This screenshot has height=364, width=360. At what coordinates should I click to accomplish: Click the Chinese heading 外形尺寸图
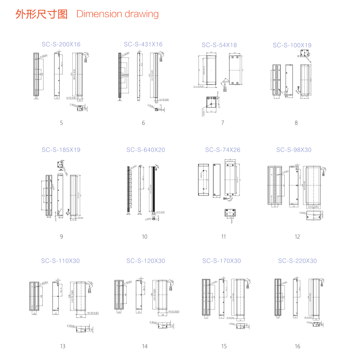click(41, 14)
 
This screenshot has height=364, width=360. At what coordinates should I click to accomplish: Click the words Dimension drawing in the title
click(118, 14)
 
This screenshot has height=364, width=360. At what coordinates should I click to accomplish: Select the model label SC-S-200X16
click(61, 44)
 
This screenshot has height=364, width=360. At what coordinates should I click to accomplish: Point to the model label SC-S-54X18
click(219, 45)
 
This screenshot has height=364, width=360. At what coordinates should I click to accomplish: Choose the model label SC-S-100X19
click(292, 45)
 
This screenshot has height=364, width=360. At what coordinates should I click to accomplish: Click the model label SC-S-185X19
click(61, 150)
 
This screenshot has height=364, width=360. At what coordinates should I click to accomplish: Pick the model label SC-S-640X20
click(146, 150)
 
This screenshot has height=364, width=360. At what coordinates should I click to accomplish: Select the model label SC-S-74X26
click(222, 150)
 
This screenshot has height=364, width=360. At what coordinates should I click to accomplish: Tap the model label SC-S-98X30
click(294, 150)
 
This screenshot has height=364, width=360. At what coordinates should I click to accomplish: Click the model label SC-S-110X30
click(61, 261)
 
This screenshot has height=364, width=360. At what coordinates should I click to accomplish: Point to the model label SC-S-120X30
click(146, 261)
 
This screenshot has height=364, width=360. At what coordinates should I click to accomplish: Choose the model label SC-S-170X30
click(222, 261)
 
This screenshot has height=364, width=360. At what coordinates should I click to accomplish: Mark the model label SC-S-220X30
click(297, 261)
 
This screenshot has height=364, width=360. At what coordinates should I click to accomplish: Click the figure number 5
click(61, 123)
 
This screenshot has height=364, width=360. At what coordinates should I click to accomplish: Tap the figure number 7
click(222, 123)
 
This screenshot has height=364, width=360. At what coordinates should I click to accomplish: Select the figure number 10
click(145, 236)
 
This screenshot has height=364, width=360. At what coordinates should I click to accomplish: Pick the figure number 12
click(297, 236)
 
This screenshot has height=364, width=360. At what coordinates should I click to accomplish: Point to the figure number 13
click(63, 346)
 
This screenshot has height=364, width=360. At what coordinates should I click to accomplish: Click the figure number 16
click(297, 346)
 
